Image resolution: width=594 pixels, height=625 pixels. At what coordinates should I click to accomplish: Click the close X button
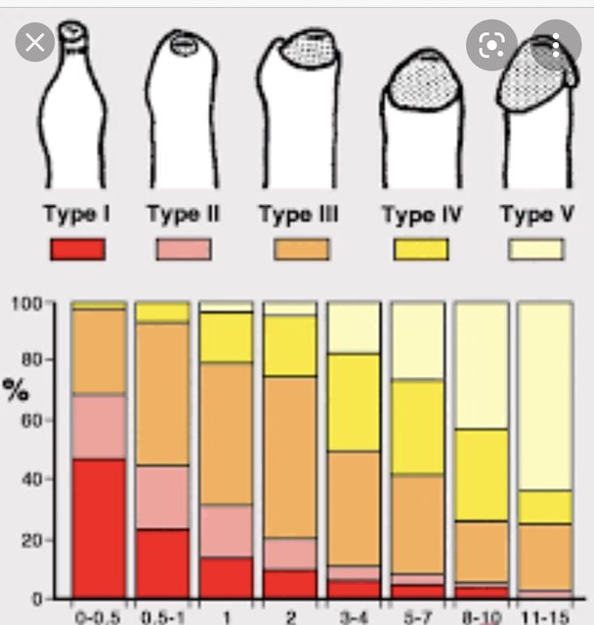36,43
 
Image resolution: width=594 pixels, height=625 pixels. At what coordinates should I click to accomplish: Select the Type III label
299,214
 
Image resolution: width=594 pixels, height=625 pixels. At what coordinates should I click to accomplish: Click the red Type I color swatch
76,249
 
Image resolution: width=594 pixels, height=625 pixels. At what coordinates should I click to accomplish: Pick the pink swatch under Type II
183,249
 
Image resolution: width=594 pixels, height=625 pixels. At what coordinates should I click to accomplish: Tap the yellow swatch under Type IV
421,249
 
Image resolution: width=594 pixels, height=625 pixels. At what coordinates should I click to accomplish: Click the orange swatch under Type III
301,249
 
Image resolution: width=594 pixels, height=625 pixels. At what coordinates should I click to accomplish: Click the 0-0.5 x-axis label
99,615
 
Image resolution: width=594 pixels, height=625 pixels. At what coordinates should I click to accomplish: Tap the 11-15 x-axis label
544,615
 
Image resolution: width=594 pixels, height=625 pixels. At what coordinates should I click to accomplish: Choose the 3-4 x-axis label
353,615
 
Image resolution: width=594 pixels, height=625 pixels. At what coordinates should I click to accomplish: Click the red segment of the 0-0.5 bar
99,527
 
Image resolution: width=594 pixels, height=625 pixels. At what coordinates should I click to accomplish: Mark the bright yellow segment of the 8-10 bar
481,475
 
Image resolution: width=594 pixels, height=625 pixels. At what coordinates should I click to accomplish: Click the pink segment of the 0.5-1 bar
162,497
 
